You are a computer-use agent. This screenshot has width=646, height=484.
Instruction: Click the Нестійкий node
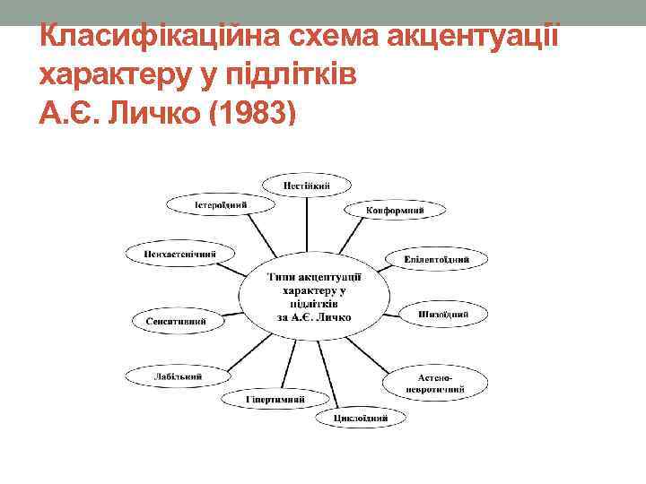pyautogui.click(x=307, y=186)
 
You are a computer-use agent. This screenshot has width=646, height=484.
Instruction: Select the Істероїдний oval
pyautogui.click(x=220, y=204)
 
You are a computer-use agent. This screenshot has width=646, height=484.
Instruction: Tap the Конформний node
pyautogui.click(x=395, y=211)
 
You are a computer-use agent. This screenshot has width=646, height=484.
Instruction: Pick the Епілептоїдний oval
pyautogui.click(x=438, y=260)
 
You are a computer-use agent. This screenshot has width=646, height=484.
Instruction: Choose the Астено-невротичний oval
pyautogui.click(x=435, y=385)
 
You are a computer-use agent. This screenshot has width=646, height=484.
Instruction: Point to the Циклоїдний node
pyautogui.click(x=360, y=417)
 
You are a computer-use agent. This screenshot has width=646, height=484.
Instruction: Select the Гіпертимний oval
pyautogui.click(x=275, y=398)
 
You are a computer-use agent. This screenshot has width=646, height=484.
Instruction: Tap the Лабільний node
pyautogui.click(x=178, y=376)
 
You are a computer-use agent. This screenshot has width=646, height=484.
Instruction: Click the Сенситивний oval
pyautogui.click(x=178, y=321)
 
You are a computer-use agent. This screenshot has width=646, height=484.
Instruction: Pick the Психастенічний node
pyautogui.click(x=179, y=254)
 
